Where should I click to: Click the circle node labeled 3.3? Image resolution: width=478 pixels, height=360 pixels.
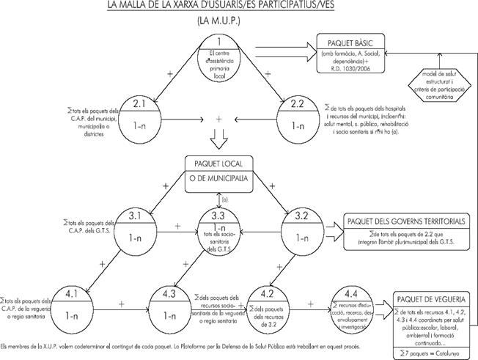[218, 227]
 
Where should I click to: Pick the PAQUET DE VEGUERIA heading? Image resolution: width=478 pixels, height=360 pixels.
[431, 299]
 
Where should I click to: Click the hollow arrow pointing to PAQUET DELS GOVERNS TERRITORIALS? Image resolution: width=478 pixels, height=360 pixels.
[329, 227]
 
